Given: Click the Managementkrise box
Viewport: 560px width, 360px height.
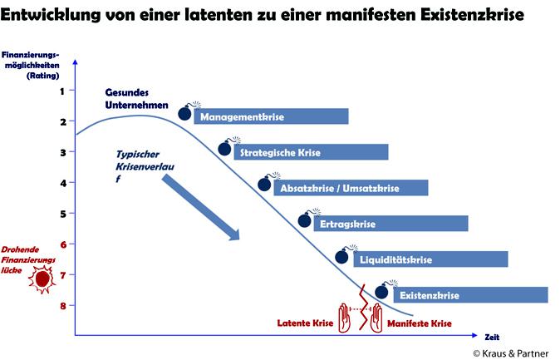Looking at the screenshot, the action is click(271, 116).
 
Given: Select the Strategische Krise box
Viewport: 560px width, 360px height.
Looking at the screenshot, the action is click(311, 152).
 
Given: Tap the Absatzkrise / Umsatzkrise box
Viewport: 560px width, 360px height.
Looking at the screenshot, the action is click(351, 188).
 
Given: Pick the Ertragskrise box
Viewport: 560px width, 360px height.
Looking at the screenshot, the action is click(391, 224).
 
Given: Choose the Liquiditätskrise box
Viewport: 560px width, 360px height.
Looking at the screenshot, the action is click(430, 259).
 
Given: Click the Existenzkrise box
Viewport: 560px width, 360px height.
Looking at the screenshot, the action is click(471, 295).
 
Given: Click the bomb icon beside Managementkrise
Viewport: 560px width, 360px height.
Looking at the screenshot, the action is click(189, 111).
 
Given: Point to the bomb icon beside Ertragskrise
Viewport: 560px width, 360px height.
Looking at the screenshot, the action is click(308, 218).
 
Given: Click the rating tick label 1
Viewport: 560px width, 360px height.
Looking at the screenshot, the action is click(62, 91).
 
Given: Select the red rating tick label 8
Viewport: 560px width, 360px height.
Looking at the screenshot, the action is click(63, 306).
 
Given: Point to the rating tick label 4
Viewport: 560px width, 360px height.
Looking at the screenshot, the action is click(63, 184).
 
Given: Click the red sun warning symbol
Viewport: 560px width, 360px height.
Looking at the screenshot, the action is click(42, 279).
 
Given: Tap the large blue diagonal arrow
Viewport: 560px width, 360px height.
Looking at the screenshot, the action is click(200, 208).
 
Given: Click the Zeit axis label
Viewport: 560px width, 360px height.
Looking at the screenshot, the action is click(492, 337).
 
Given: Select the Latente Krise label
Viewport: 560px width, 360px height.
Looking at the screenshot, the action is click(305, 323).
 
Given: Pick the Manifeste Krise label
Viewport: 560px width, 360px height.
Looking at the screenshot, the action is click(420, 323).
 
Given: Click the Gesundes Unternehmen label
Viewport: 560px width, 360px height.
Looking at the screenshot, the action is click(136, 99).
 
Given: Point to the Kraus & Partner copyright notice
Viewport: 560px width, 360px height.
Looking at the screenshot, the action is click(511, 353).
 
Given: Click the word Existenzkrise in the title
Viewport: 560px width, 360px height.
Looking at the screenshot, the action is click(472, 15).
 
